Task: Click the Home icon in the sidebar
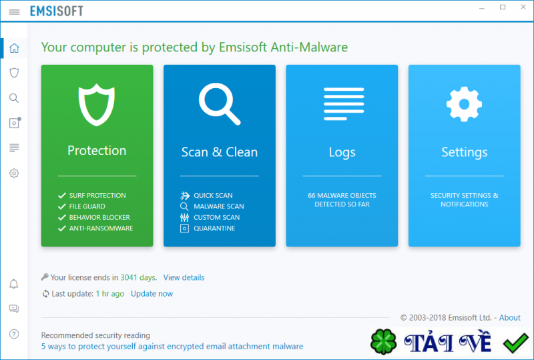tap(14, 48)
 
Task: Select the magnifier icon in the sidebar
tap(14, 98)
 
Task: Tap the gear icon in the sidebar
tap(14, 174)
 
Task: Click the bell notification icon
tap(14, 285)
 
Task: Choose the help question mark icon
tap(14, 333)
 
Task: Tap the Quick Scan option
tap(213, 196)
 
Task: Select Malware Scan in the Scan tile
tap(218, 206)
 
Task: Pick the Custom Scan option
tap(216, 218)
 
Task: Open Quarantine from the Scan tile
tap(214, 228)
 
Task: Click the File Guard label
tap(87, 206)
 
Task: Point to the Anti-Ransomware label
tap(101, 228)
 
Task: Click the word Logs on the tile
tap(342, 152)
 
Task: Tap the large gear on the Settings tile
tap(464, 104)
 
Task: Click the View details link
tap(184, 277)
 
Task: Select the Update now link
tap(152, 294)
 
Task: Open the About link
tap(510, 318)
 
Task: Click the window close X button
tap(520, 7)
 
